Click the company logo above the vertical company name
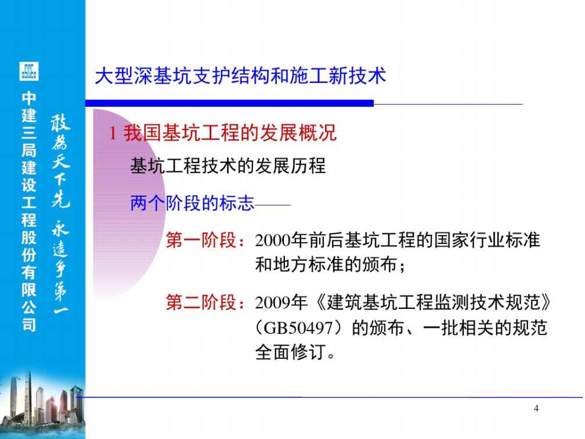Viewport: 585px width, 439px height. coord(29,71)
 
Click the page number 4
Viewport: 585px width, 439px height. coord(536,408)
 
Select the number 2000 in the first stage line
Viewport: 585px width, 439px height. coord(273,240)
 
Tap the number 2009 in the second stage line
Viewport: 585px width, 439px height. coord(273,303)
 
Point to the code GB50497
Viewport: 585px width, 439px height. coord(298,328)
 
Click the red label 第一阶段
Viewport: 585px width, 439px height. coord(201,240)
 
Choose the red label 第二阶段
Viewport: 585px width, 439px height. coord(201,302)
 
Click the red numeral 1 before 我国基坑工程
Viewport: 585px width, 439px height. coord(113,134)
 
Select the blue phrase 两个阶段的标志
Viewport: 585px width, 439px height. coord(192,203)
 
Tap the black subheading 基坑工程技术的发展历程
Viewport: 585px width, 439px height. coord(228,165)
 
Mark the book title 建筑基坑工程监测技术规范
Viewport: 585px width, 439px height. coord(434,303)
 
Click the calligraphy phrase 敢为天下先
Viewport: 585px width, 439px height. coord(61,161)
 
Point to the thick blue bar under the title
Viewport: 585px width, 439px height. coord(229,103)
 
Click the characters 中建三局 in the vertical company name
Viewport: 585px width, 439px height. coord(29,124)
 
